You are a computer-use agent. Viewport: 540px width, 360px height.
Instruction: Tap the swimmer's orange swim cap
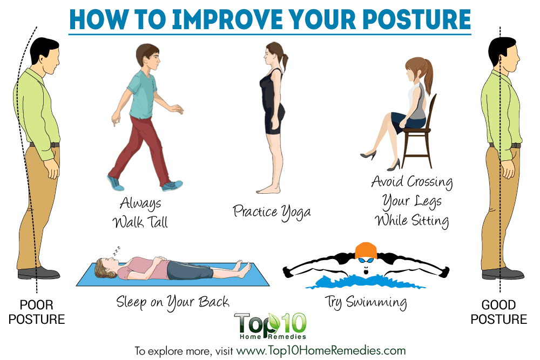[x=366, y=250]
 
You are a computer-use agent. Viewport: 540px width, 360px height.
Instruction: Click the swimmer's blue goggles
[x=366, y=260]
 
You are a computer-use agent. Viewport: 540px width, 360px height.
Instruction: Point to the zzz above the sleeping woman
[x=117, y=250]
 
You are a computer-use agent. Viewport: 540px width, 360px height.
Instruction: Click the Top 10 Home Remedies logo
[x=271, y=326]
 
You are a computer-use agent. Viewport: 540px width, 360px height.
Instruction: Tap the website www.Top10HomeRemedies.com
[x=321, y=351]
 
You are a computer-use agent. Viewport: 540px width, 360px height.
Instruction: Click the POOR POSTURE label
[x=37, y=312]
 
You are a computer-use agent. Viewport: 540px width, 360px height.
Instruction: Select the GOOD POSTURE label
[x=498, y=312]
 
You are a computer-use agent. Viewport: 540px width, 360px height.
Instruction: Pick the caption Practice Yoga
[x=272, y=212]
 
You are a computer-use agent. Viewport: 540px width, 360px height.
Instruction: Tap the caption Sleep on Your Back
[x=173, y=303]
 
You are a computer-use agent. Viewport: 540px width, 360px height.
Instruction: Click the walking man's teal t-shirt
[x=142, y=94]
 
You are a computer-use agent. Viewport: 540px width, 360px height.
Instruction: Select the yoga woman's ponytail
[x=284, y=62]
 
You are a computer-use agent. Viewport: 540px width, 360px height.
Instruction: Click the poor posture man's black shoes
[x=38, y=273]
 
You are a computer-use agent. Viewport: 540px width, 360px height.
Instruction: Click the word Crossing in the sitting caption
[x=430, y=182]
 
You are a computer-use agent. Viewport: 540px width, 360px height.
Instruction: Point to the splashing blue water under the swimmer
[x=366, y=282]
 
